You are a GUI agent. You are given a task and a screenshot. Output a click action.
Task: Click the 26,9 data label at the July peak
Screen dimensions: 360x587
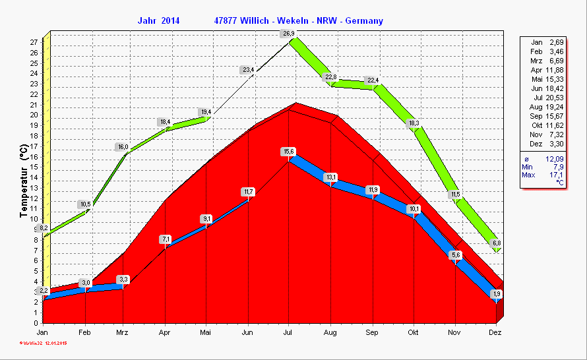288,34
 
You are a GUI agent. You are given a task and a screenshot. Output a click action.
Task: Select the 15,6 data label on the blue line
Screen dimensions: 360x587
288,152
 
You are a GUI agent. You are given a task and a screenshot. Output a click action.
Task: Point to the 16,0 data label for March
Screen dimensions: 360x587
123,146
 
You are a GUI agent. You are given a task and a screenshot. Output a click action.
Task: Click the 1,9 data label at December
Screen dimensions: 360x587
497,293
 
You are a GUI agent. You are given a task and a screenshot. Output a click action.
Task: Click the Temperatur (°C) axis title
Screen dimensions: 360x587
24,184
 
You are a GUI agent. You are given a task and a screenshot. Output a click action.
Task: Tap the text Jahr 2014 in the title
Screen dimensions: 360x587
158,21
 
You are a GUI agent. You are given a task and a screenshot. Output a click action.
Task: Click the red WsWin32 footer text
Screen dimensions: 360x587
42,344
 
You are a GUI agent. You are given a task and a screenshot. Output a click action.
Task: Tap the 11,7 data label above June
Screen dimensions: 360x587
248,192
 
